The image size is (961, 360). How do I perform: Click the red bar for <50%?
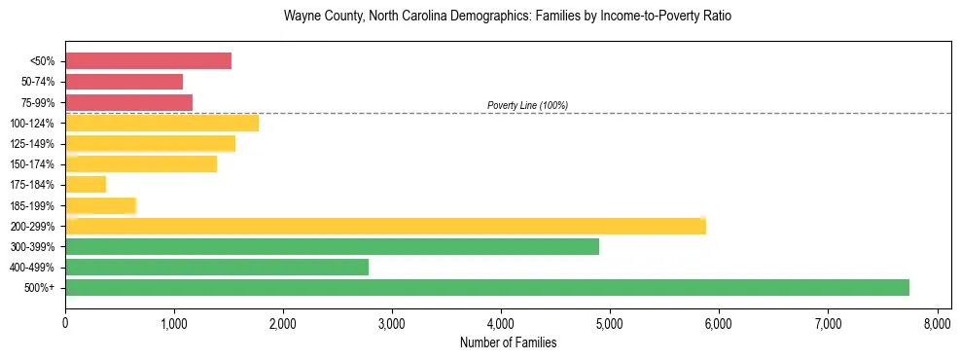(x=148, y=60)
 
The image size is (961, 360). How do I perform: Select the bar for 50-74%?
(x=124, y=82)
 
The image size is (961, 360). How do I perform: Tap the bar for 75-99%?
(x=128, y=102)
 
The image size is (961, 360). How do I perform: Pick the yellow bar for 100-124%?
(x=161, y=123)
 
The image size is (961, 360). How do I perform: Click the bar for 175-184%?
(x=86, y=185)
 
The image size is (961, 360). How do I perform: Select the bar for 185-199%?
(x=100, y=205)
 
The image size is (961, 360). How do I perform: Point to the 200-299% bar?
(x=385, y=226)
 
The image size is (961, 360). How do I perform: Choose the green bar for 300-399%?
(x=332, y=246)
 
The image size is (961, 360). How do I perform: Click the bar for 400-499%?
(x=217, y=267)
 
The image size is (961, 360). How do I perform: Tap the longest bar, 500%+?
(x=486, y=287)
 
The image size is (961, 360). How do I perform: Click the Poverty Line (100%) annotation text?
(x=527, y=105)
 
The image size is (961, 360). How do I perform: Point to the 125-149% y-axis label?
(x=32, y=144)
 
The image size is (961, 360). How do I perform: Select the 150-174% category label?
(x=32, y=164)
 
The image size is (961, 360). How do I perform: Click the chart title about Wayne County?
(x=507, y=18)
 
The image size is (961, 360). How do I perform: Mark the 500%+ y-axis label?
(x=40, y=288)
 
